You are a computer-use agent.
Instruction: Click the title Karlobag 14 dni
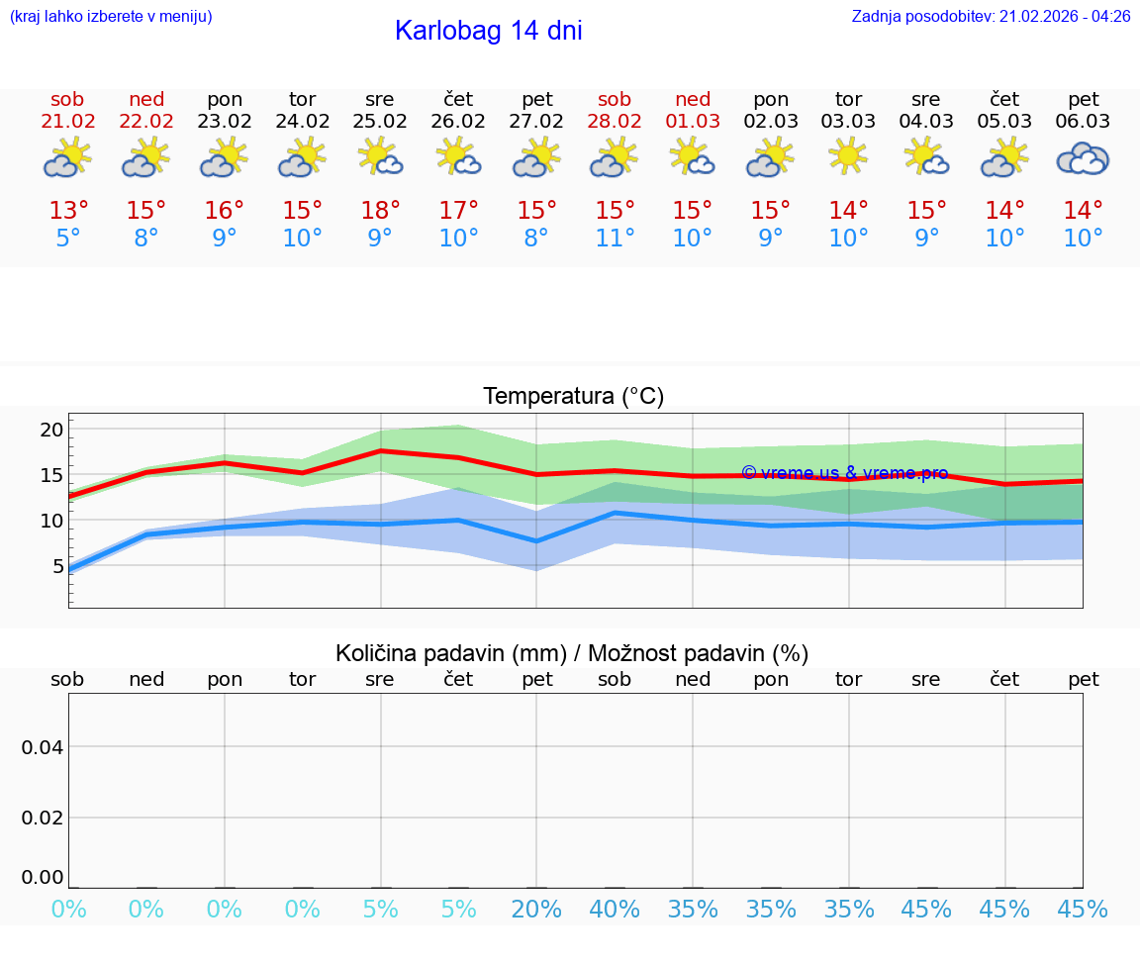pyautogui.click(x=488, y=31)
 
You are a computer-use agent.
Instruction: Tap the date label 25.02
pyautogui.click(x=380, y=122)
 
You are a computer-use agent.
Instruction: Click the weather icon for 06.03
pyautogui.click(x=1083, y=158)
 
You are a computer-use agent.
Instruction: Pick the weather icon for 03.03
pyautogui.click(x=848, y=156)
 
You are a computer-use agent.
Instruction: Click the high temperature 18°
pyautogui.click(x=380, y=211)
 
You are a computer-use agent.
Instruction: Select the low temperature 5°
pyautogui.click(x=68, y=239)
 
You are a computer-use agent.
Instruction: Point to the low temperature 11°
pyautogui.click(x=615, y=239)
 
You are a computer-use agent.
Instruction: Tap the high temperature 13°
pyautogui.click(x=68, y=211)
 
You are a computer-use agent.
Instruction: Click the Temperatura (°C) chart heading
pyautogui.click(x=573, y=397)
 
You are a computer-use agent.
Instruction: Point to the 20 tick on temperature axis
pyautogui.click(x=51, y=430)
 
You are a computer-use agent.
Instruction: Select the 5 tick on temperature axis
pyautogui.click(x=57, y=566)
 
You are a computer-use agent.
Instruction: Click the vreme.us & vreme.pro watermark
pyautogui.click(x=844, y=473)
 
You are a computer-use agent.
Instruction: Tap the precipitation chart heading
pyautogui.click(x=572, y=653)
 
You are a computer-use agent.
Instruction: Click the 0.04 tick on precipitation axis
pyautogui.click(x=43, y=747)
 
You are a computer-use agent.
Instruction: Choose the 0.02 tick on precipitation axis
pyautogui.click(x=43, y=818)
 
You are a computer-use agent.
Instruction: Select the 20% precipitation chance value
pyautogui.click(x=536, y=910)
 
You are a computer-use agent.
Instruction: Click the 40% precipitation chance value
pyautogui.click(x=615, y=910)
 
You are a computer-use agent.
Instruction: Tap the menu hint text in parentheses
pyautogui.click(x=111, y=17)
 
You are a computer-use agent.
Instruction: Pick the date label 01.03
pyautogui.click(x=693, y=122)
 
